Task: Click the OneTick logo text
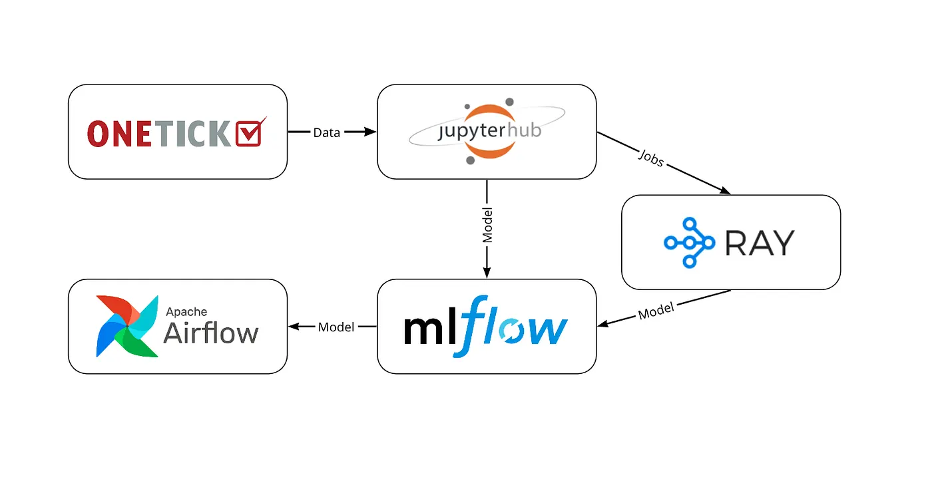160,134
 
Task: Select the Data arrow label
326,132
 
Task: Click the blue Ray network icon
689,243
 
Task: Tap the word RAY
760,243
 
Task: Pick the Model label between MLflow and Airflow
336,327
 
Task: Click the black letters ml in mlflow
427,329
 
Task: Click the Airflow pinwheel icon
126,326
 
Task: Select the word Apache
186,311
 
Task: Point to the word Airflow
210,333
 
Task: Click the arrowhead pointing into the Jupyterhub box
371,132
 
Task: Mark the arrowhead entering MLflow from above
487,273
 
